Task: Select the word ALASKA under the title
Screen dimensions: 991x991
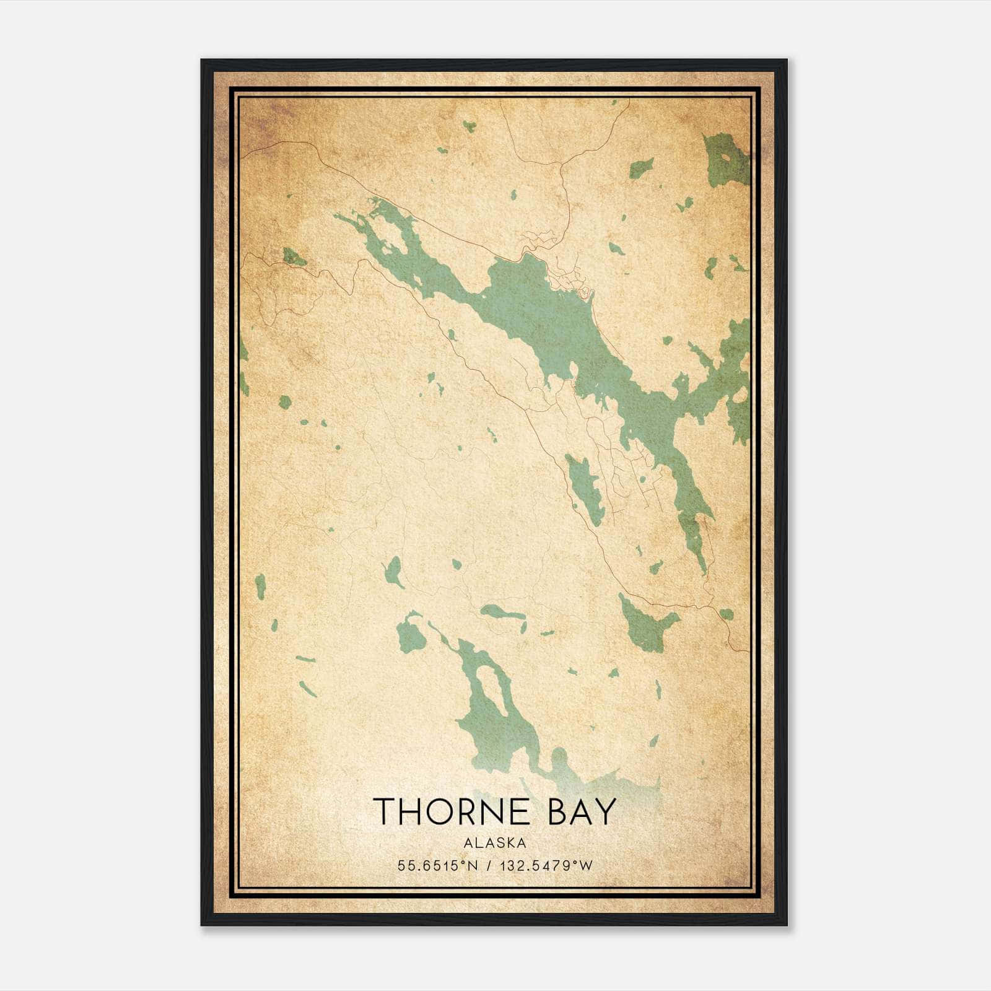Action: (495, 842)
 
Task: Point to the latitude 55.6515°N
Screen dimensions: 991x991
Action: (439, 866)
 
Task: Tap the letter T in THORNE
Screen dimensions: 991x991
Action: (385, 811)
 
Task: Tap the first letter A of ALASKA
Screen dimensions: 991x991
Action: (466, 842)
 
